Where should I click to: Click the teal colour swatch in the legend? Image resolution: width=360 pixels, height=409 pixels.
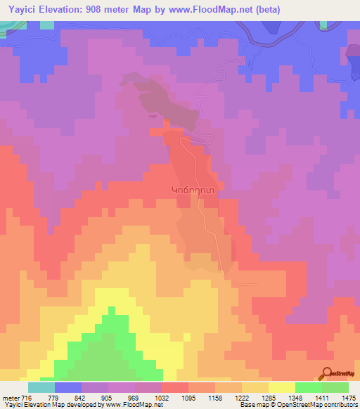point(41,387)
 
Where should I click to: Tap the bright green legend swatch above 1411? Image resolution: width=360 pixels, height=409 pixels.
point(308,387)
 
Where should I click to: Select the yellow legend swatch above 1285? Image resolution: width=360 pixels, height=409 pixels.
point(281,387)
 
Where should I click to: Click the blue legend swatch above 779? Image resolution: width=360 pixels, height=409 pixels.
point(68,387)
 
